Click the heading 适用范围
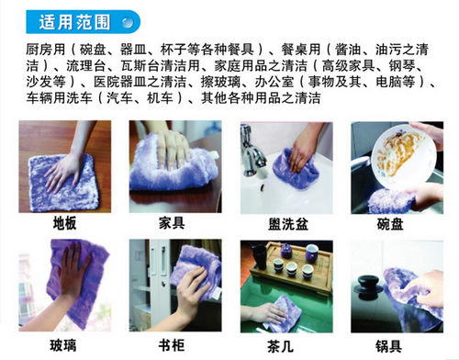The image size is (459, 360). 74,22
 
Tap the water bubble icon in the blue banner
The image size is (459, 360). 128,22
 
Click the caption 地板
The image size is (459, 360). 64,223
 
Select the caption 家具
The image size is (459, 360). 172,223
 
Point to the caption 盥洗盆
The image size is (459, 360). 288,224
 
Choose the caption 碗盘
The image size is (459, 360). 390,224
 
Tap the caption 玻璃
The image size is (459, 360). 63,345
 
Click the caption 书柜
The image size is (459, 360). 172,345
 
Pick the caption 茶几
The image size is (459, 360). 280,346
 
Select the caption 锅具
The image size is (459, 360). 388,346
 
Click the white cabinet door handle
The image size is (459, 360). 162,264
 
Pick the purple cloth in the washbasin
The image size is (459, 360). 296,170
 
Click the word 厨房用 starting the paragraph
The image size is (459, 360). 45,50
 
